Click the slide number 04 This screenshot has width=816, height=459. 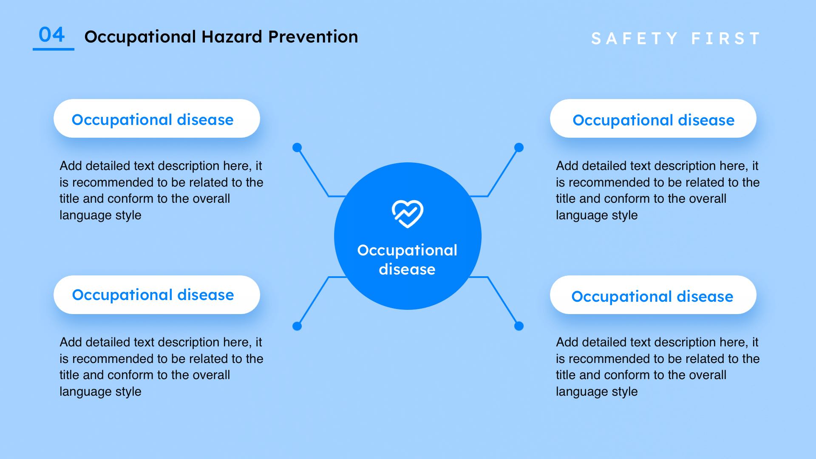(52, 34)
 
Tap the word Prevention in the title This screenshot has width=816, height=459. (313, 37)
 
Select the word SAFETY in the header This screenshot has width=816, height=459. (635, 39)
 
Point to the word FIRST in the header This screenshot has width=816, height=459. (726, 39)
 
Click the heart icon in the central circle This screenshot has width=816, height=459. (408, 214)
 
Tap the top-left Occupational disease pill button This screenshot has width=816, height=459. (157, 119)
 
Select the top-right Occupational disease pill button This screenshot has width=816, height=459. (653, 119)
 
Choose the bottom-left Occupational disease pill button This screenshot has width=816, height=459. (157, 295)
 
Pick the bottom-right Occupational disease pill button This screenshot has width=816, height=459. (653, 295)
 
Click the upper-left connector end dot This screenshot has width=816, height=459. (297, 147)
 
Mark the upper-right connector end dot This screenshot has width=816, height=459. (519, 147)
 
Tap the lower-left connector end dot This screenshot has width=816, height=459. (297, 326)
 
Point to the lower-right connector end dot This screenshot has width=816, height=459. (519, 326)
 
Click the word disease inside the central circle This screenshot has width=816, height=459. (407, 269)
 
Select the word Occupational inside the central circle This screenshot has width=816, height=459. (407, 251)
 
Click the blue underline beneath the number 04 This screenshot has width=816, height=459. (54, 49)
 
